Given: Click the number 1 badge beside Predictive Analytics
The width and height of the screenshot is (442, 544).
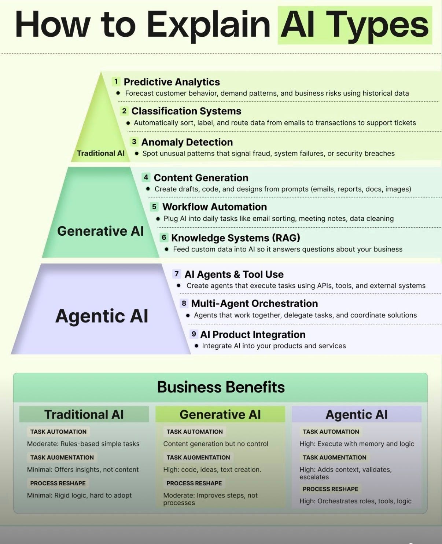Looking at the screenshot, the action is [x=116, y=81].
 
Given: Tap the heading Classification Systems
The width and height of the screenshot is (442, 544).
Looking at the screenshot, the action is [x=186, y=111].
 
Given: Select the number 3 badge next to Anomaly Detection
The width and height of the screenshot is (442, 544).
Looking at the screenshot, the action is [x=134, y=142].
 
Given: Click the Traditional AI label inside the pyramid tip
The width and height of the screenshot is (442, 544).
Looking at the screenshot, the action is [x=100, y=153].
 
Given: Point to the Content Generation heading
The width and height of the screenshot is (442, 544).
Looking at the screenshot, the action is [x=201, y=178].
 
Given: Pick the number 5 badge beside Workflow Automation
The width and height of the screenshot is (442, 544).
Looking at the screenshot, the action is [x=154, y=207].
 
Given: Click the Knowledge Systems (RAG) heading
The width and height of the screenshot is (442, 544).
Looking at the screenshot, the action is [x=235, y=238].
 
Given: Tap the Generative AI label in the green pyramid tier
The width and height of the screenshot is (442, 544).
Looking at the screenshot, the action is [x=100, y=231].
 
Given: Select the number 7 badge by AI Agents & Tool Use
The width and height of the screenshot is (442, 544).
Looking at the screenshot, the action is [x=177, y=274].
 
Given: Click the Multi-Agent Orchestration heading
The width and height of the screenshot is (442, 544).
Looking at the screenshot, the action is [x=254, y=304].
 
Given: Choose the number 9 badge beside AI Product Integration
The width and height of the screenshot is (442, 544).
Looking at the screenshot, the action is [x=194, y=334].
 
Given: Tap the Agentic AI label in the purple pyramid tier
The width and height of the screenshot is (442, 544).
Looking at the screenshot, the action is [x=102, y=316].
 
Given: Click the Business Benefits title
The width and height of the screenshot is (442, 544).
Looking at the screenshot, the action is [x=221, y=387].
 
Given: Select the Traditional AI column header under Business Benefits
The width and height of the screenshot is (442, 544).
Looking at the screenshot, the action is [x=84, y=414].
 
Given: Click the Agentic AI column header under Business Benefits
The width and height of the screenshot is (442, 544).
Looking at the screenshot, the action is [x=356, y=414].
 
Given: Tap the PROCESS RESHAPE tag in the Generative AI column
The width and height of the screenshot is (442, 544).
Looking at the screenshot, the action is [x=194, y=483].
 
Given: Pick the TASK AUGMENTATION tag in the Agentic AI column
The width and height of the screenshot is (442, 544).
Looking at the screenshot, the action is [x=334, y=457].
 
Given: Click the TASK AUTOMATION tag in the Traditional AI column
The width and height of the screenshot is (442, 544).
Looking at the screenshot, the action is [x=58, y=432].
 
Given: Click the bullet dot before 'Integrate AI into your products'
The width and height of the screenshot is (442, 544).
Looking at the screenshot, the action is [x=196, y=346].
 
